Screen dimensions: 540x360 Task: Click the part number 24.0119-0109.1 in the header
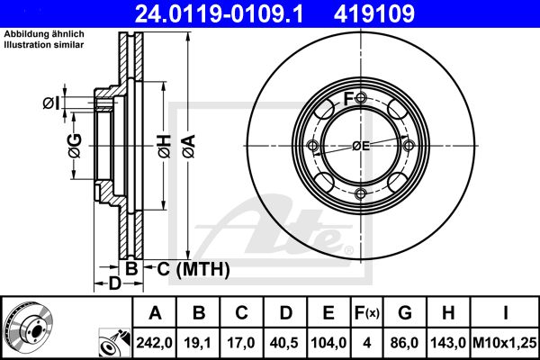tap(219, 13)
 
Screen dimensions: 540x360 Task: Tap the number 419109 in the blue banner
tap(374, 13)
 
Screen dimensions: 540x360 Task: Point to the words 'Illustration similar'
tap(44, 45)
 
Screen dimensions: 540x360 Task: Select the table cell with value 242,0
tap(154, 343)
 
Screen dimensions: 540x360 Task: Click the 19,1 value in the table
tap(198, 343)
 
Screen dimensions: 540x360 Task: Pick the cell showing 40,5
tap(284, 343)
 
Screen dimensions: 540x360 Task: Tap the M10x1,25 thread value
tap(505, 343)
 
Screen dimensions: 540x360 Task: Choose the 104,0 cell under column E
tap(328, 343)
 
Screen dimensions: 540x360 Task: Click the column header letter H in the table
tap(448, 313)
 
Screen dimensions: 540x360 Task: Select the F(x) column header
tap(367, 313)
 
